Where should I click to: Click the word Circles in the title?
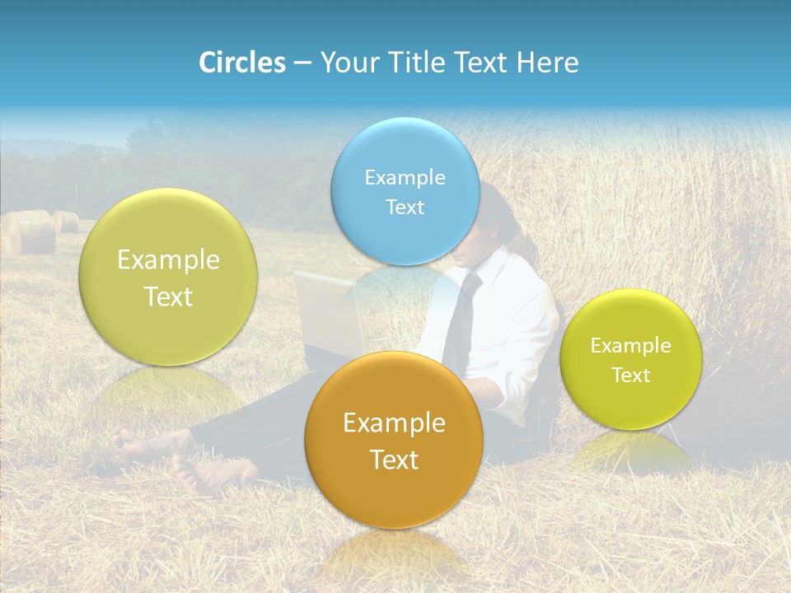point(242,63)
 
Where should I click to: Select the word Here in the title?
point(548,63)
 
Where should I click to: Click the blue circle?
point(405,191)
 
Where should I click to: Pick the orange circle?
point(394,441)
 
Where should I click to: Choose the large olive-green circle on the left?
point(168,278)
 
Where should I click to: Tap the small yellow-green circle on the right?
point(630,359)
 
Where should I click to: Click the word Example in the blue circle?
point(405,177)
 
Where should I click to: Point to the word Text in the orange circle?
point(394,460)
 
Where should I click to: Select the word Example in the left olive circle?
point(168,260)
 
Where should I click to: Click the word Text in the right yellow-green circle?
point(630,376)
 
